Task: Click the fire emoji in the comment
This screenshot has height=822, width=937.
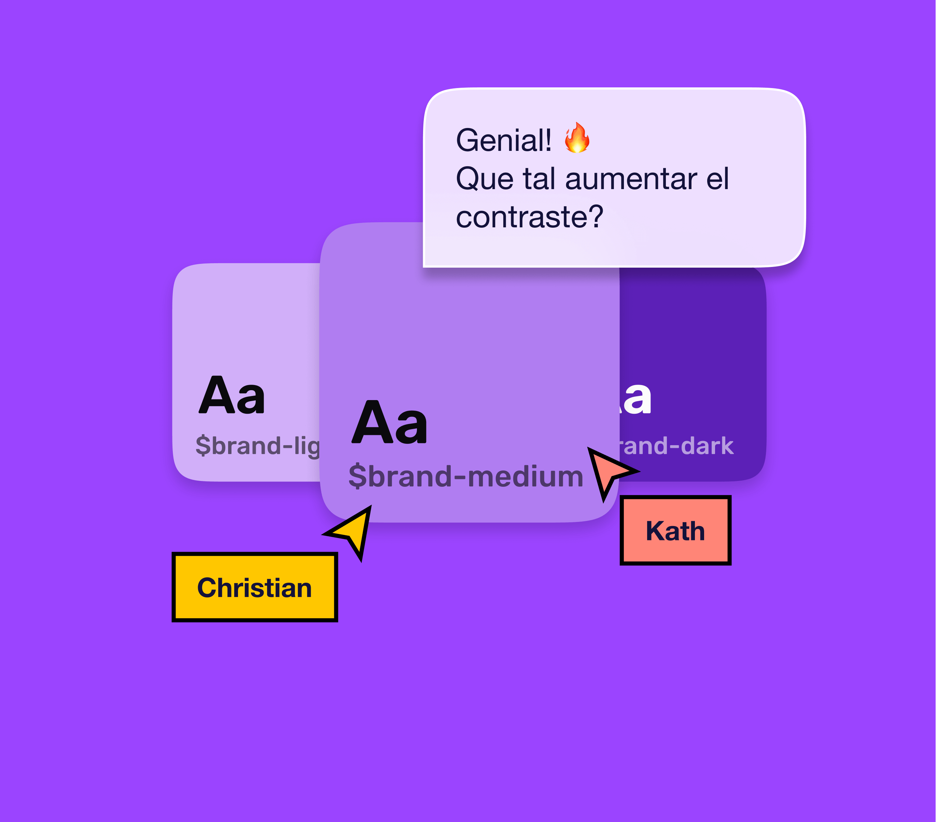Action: (x=577, y=138)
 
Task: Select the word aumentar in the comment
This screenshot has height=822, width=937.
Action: (x=631, y=179)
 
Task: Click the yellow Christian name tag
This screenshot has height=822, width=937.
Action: (x=254, y=587)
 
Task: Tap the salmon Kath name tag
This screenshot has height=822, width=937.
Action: (x=675, y=530)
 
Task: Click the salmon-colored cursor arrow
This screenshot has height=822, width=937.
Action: (x=607, y=471)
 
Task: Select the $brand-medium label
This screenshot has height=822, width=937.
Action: (x=466, y=477)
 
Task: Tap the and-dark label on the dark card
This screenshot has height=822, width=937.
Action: (x=677, y=446)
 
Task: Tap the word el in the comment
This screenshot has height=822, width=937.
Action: (x=717, y=179)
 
